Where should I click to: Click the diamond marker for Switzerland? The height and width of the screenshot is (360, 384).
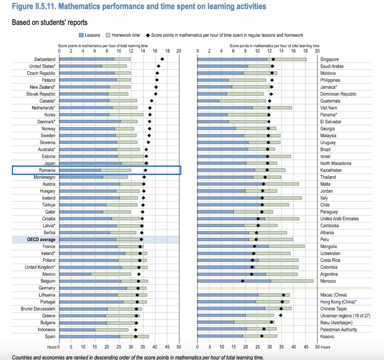pos(162,59)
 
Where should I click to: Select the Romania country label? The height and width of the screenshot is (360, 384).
pos(47,170)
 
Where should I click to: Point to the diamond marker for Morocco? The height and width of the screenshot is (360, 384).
pos(243,281)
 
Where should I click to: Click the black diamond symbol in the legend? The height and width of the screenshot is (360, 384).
pos(148,35)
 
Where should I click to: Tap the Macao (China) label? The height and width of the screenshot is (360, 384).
pos(335,295)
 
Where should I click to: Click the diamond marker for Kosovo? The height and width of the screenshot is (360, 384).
pos(262,336)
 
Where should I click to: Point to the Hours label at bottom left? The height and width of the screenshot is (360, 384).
pos(52,347)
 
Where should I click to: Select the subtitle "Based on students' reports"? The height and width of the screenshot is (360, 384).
pos(50,22)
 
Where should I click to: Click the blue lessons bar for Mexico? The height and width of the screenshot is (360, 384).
pos(75,274)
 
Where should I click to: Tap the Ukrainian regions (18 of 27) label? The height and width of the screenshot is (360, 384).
pos(345,316)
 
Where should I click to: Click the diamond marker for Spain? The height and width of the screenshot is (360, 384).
pos(135,336)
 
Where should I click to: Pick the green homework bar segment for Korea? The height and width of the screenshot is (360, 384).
pos(126,115)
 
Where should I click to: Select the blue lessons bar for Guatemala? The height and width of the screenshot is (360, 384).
pos(208,101)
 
